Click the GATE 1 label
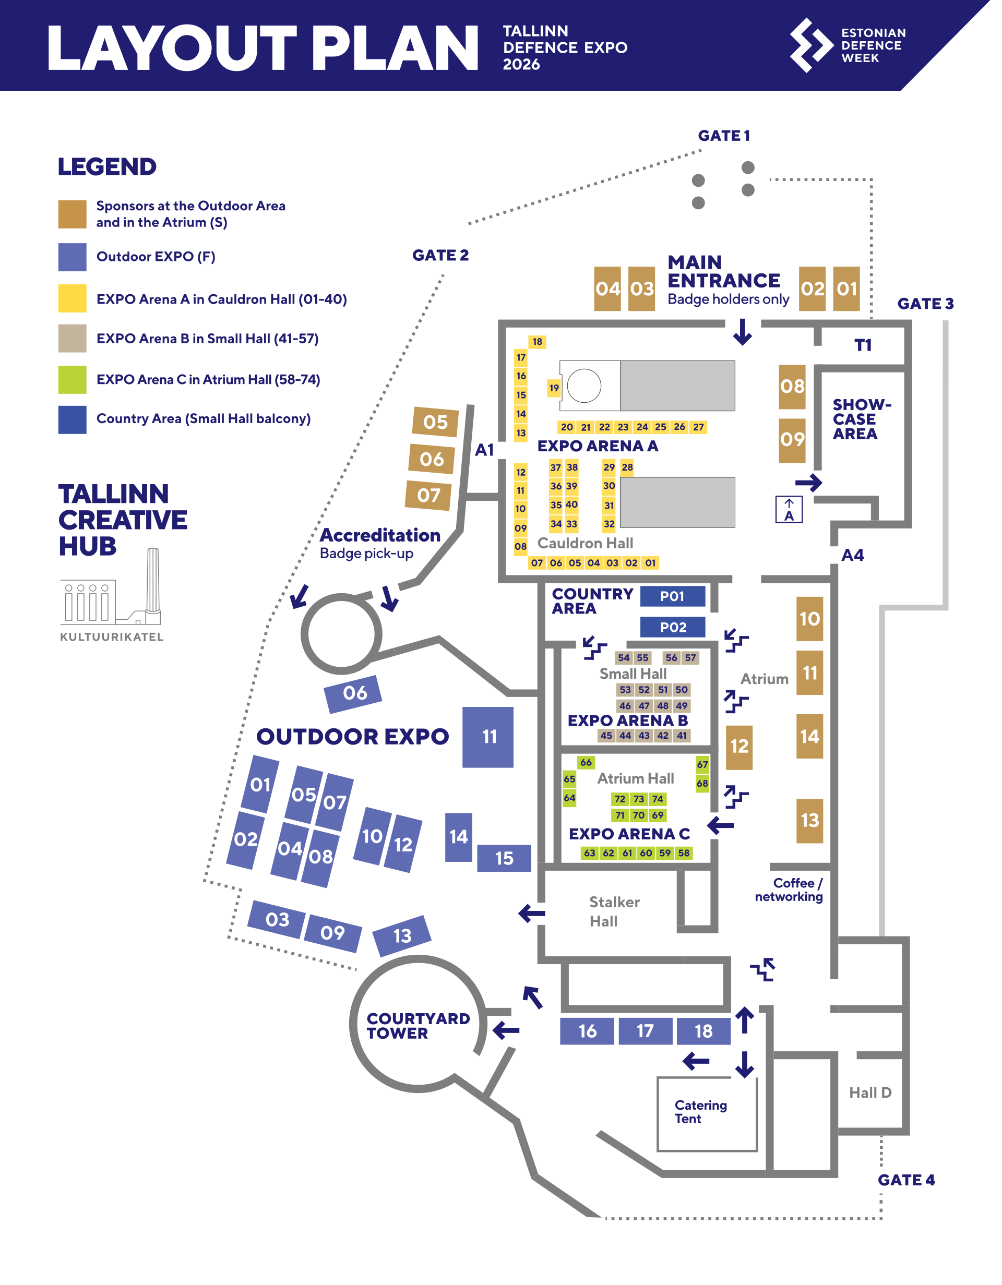tap(724, 136)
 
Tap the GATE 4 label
tap(905, 1180)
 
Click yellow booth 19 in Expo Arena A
tap(554, 388)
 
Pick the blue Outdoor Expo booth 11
tap(488, 737)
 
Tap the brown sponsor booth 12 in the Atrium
tap(739, 747)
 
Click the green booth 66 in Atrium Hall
tap(586, 763)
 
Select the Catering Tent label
tap(700, 1112)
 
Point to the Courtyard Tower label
tap(417, 1026)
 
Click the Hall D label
tap(870, 1092)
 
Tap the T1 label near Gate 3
tap(863, 345)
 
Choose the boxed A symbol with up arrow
tap(789, 510)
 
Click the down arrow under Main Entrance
tap(743, 332)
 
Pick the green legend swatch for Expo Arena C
tap(73, 379)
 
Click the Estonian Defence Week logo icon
tap(811, 45)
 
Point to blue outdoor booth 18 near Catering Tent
tap(703, 1031)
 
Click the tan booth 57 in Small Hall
tap(690, 658)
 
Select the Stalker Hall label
tap(614, 911)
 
